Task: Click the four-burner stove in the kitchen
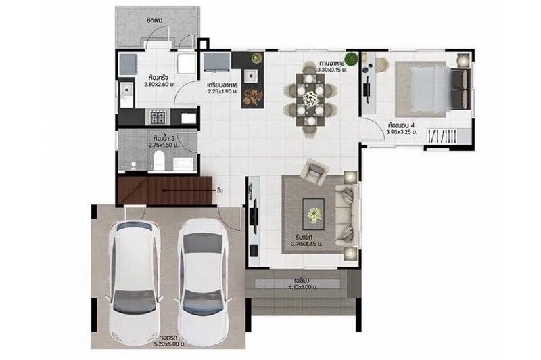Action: coord(158,117)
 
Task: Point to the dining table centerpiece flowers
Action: coord(310,98)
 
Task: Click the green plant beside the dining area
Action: coord(351,58)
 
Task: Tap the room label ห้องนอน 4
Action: coord(402,125)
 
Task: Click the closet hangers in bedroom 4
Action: coord(443,135)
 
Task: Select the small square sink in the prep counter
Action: coord(251,73)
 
